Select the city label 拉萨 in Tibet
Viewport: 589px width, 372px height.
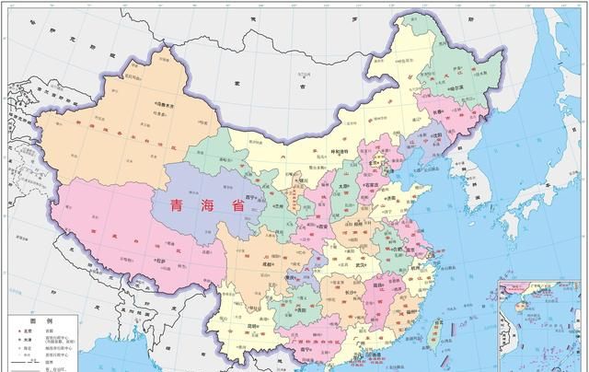pyautogui.click(x=166, y=261)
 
